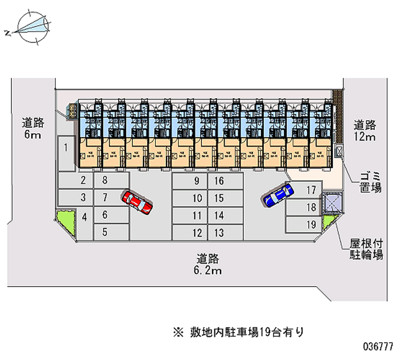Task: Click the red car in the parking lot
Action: (137, 202)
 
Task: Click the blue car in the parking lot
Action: (278, 195)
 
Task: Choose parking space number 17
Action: (304, 190)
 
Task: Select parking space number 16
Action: (219, 181)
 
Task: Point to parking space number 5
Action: (105, 231)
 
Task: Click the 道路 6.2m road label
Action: (207, 264)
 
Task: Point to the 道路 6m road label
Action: (31, 128)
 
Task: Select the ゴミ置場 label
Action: (369, 182)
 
